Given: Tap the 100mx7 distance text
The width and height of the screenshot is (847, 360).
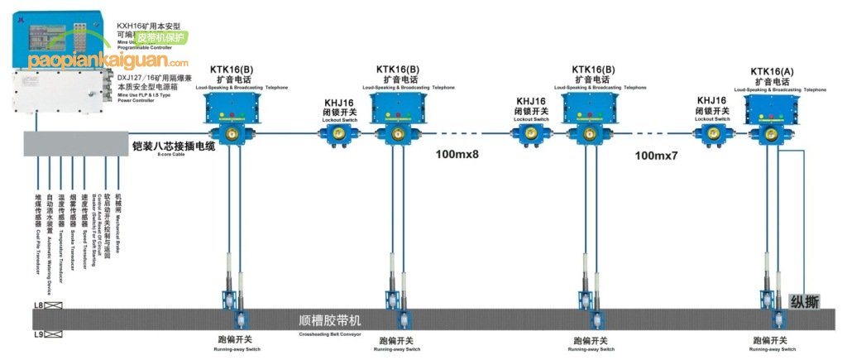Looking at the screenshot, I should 657,155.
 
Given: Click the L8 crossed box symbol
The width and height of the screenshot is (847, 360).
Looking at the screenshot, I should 54,307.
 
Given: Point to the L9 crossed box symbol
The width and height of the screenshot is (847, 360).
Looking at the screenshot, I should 54,334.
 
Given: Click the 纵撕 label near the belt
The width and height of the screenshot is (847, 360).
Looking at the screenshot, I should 805,301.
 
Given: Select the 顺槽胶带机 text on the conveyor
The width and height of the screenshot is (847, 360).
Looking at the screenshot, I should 330,319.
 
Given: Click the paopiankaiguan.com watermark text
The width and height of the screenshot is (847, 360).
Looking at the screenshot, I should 108,60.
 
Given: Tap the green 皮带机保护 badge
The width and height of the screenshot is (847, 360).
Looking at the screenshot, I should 160,38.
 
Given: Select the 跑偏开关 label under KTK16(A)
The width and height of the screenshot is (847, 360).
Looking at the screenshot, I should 770,340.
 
